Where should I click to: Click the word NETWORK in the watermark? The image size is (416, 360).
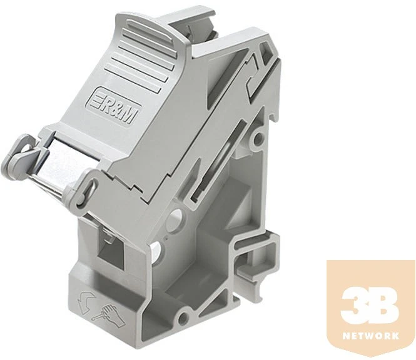[x=371, y=336]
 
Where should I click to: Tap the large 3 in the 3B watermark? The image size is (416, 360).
[x=355, y=305]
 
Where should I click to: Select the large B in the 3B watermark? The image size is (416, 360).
[x=383, y=305]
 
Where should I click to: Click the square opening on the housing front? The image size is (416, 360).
[x=111, y=250]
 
